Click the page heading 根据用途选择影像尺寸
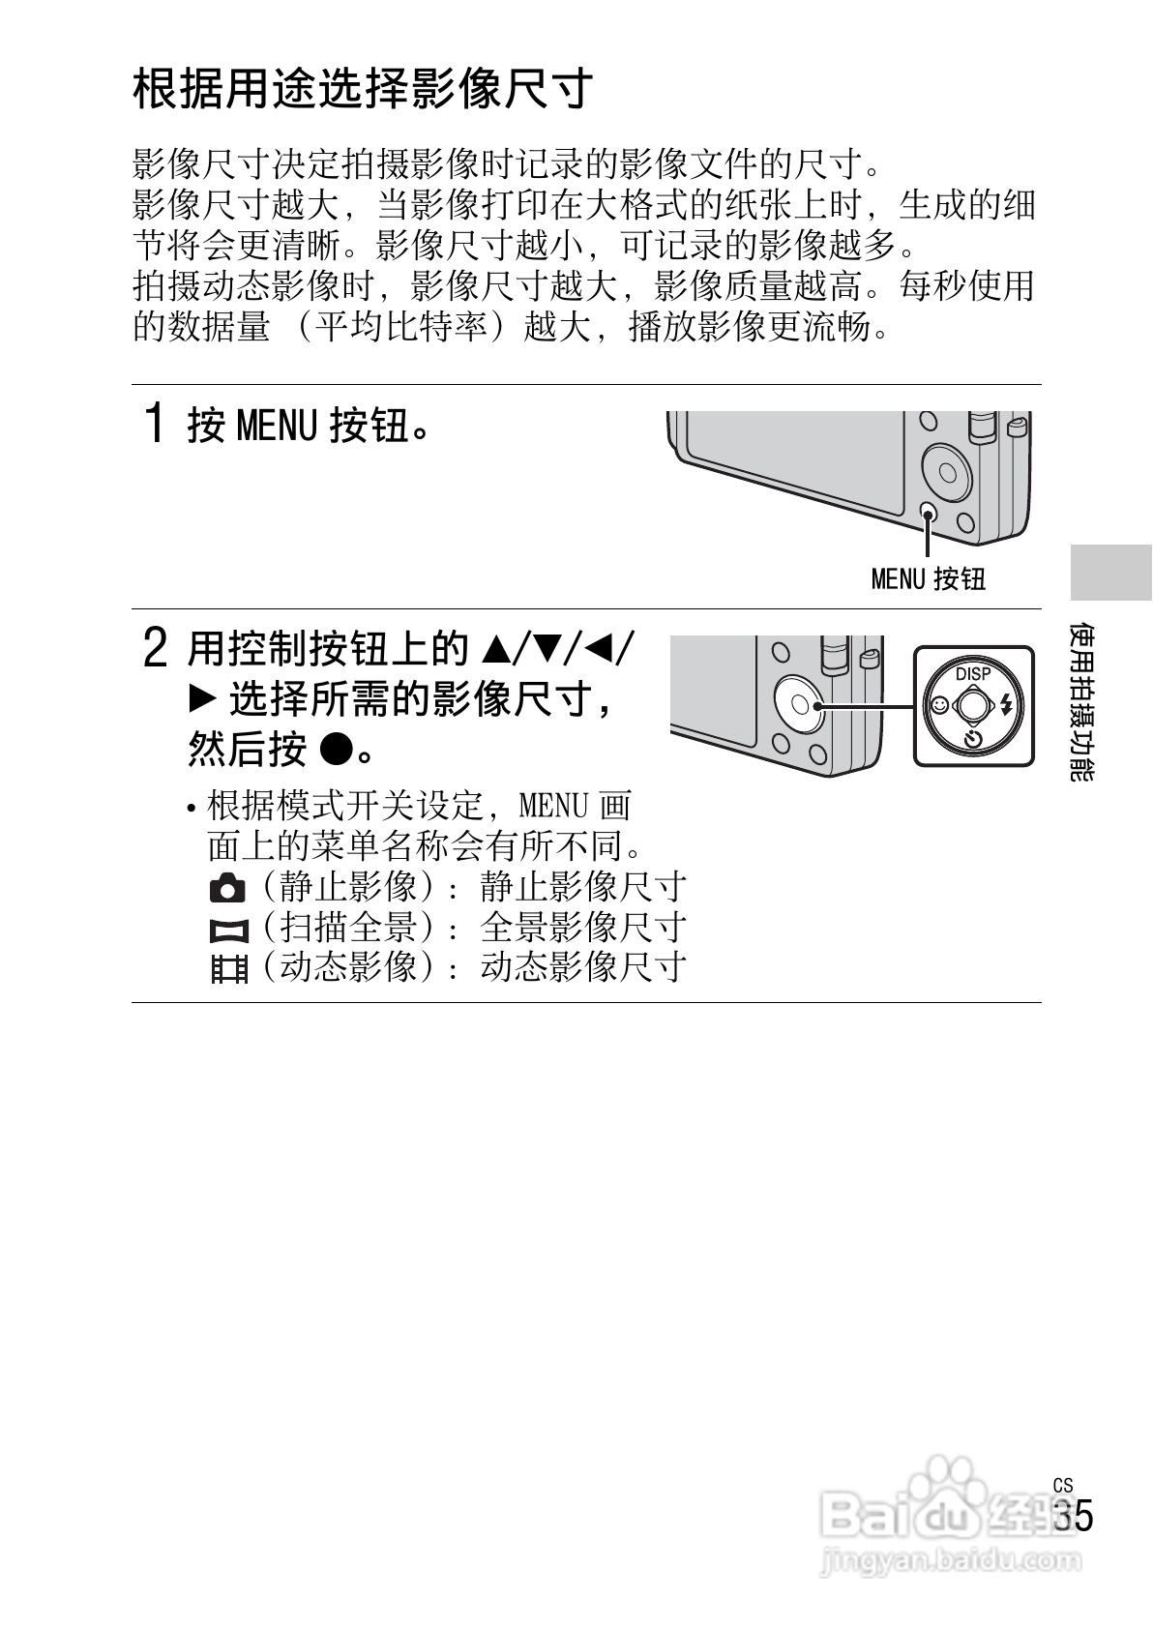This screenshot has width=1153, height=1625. (x=363, y=89)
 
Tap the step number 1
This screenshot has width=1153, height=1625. (x=154, y=424)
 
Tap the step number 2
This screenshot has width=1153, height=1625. (x=155, y=647)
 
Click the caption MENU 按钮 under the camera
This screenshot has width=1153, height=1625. (x=928, y=578)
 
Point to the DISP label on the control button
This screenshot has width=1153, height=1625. (x=973, y=673)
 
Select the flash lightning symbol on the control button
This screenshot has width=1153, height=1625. (x=1007, y=705)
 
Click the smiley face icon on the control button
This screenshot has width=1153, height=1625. (x=937, y=706)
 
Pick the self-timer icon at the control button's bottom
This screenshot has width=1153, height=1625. (x=973, y=740)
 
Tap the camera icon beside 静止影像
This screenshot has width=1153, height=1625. (x=227, y=887)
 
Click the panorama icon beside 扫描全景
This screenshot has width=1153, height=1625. (x=228, y=930)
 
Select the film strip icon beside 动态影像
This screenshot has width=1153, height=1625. (x=229, y=968)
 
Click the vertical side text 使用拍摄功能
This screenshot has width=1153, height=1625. (x=1082, y=701)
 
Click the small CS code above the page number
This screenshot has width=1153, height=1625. (x=1063, y=1485)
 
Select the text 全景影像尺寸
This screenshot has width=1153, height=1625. (x=583, y=928)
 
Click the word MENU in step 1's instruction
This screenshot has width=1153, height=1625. (x=277, y=425)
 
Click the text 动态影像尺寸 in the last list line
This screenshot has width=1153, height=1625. (x=583, y=966)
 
